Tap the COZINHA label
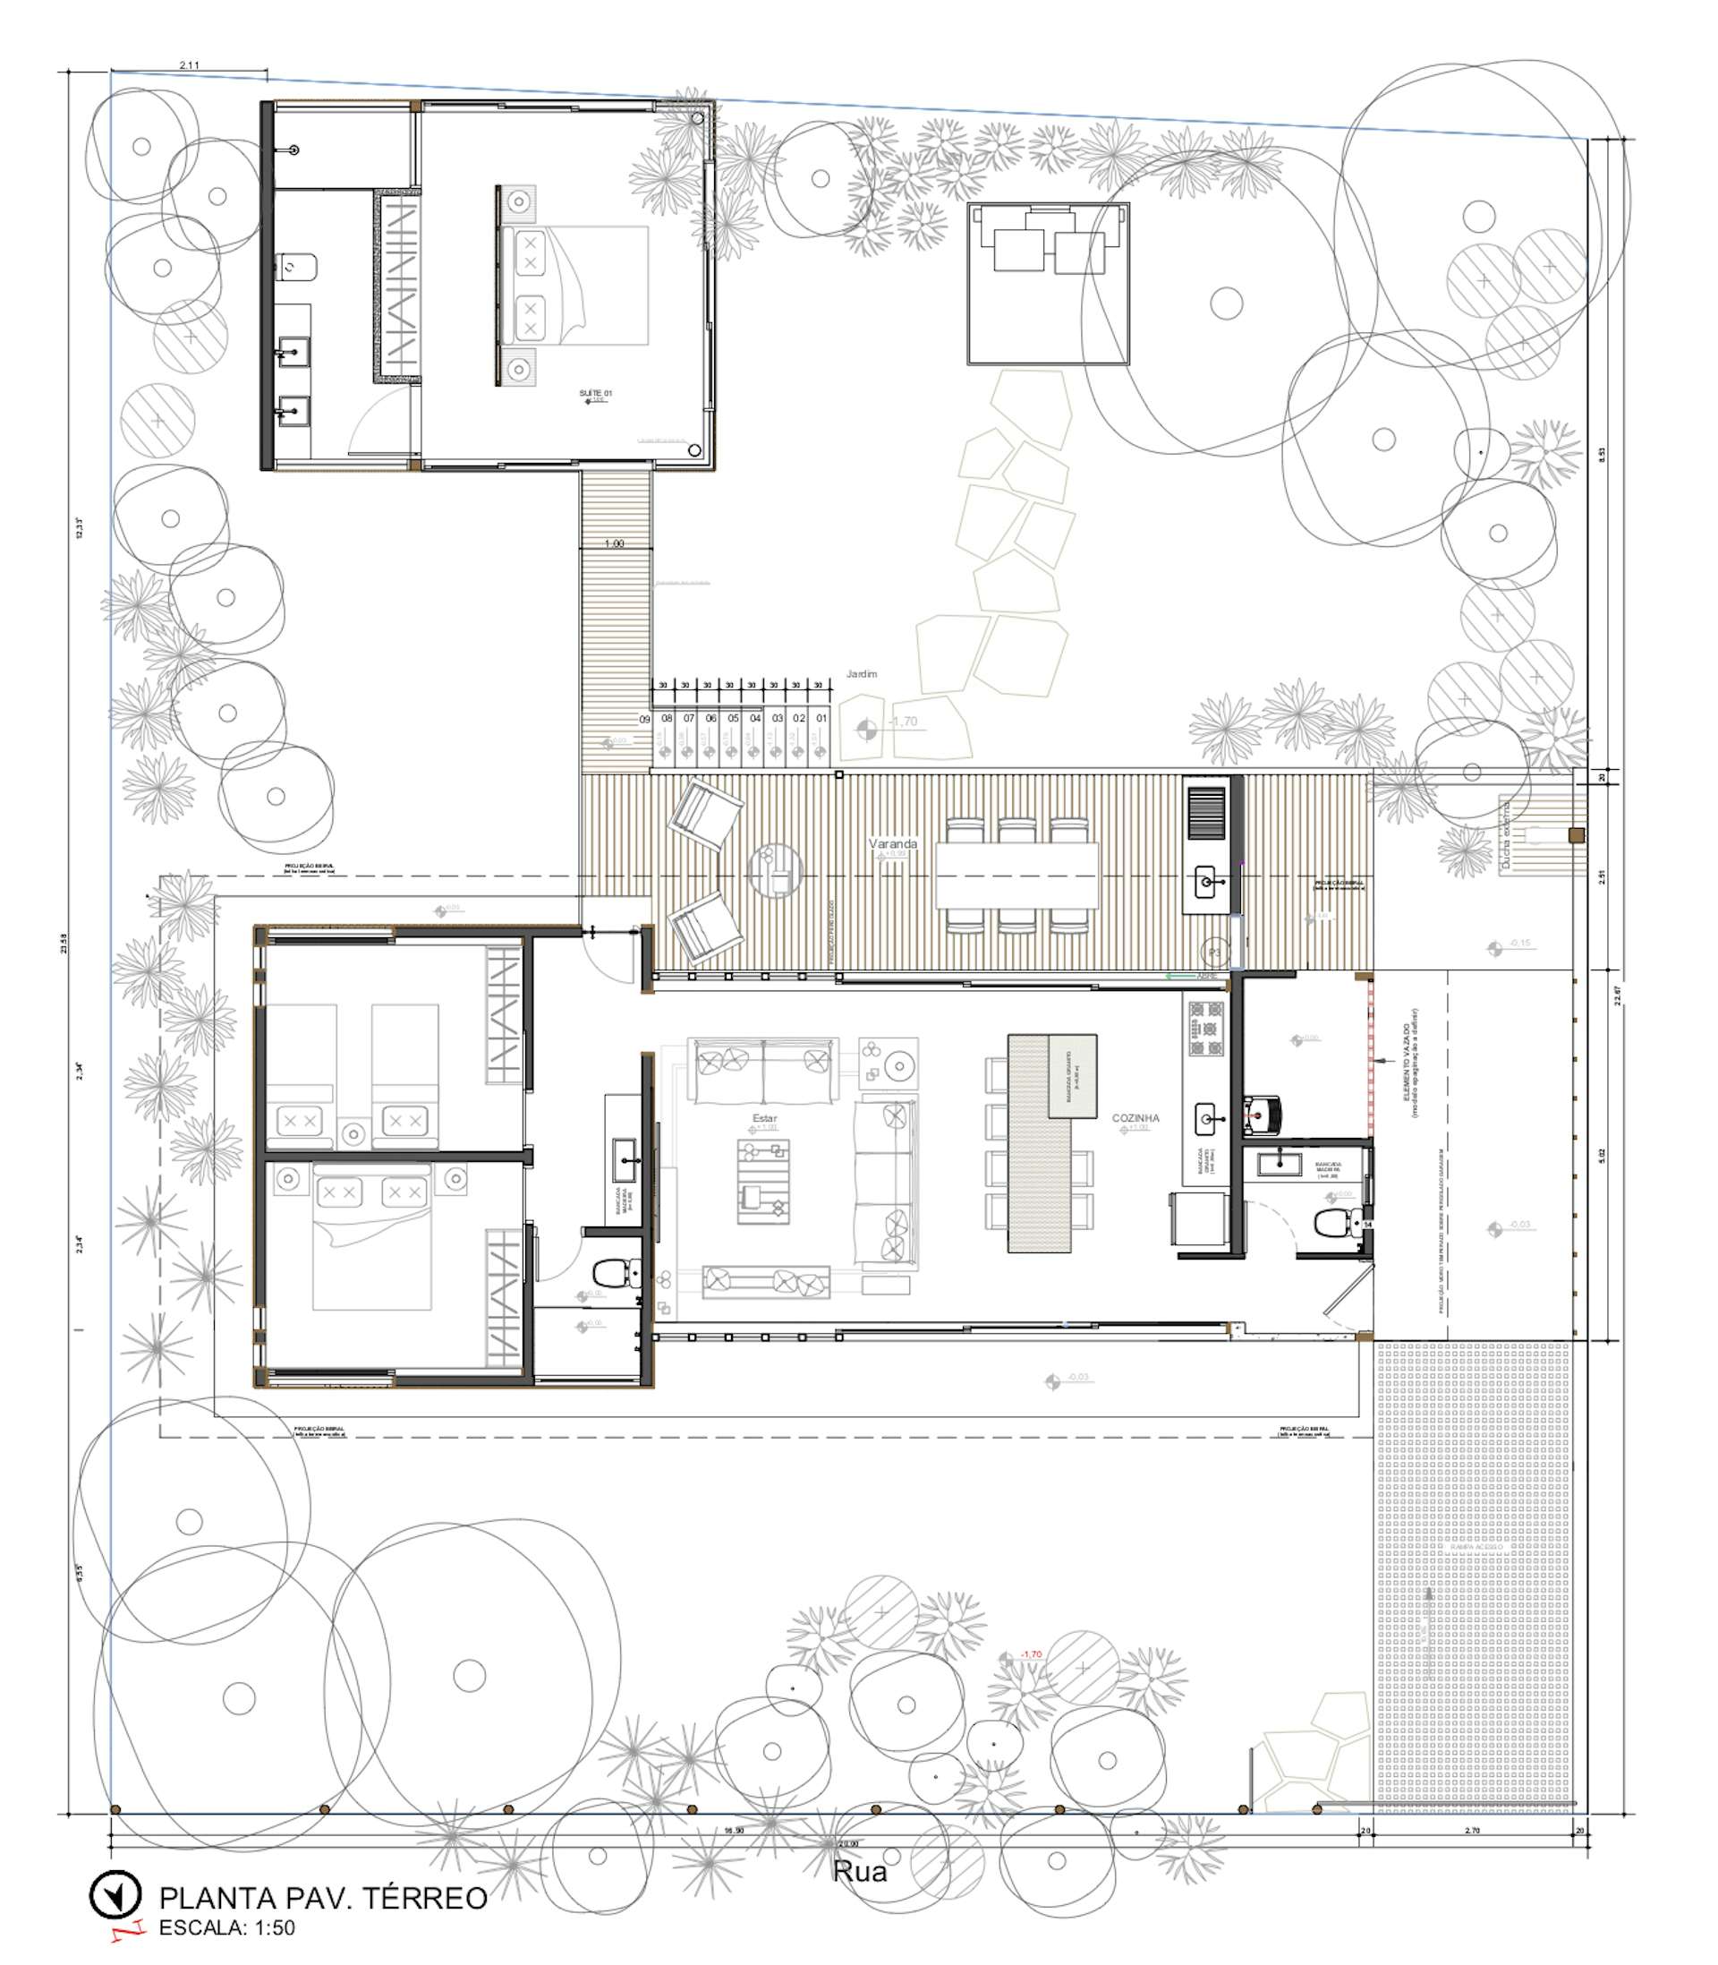1135,1118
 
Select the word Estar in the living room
765,1118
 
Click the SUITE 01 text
595,393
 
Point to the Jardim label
861,674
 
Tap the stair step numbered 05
734,718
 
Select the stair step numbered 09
645,718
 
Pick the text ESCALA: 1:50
226,1927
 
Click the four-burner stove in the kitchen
1206,1027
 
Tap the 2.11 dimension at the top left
189,65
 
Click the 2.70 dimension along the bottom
1473,1831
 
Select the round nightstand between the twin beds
353,1134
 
